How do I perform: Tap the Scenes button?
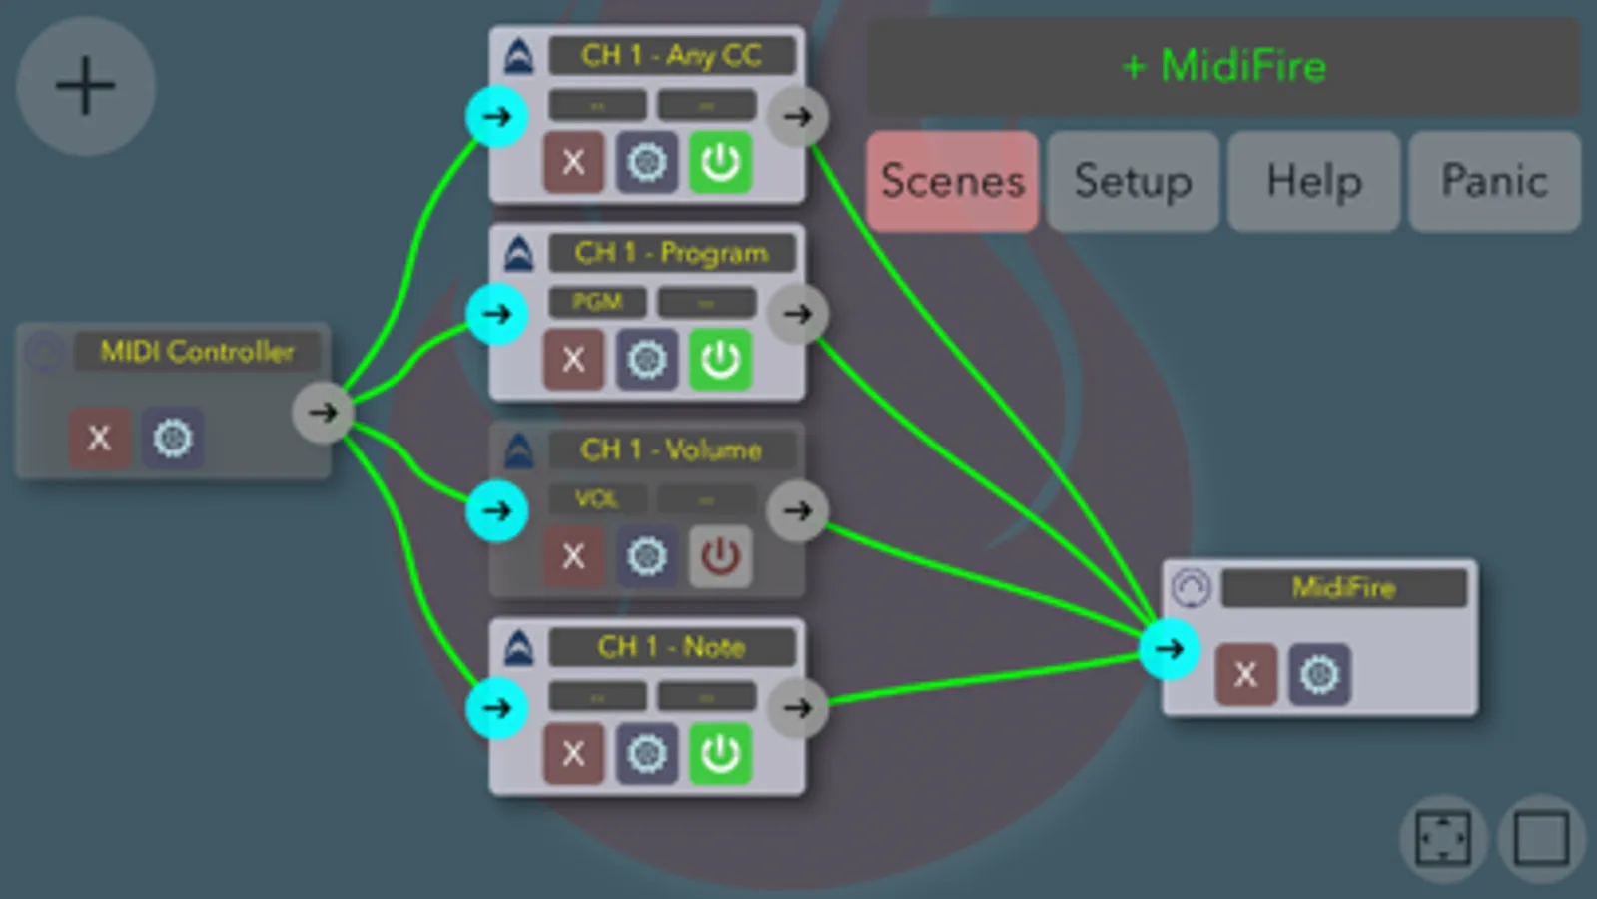click(952, 181)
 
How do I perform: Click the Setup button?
click(1133, 181)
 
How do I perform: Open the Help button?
click(1313, 181)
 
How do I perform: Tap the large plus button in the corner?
click(85, 85)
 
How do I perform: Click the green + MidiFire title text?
click(1223, 67)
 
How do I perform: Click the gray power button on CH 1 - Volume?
click(720, 555)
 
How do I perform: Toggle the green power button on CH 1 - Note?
click(720, 753)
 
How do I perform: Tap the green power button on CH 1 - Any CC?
click(720, 162)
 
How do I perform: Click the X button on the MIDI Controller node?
click(99, 438)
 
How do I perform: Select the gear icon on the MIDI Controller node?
click(172, 438)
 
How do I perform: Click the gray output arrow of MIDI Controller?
click(322, 412)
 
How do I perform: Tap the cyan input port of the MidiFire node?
click(1169, 649)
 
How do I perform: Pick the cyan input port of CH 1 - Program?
click(496, 314)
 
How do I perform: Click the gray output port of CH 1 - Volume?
click(797, 511)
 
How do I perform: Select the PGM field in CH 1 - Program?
click(597, 302)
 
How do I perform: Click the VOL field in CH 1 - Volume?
click(597, 498)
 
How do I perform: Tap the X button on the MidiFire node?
click(1244, 674)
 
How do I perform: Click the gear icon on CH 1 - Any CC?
click(646, 162)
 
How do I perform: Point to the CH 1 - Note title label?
click(671, 647)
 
